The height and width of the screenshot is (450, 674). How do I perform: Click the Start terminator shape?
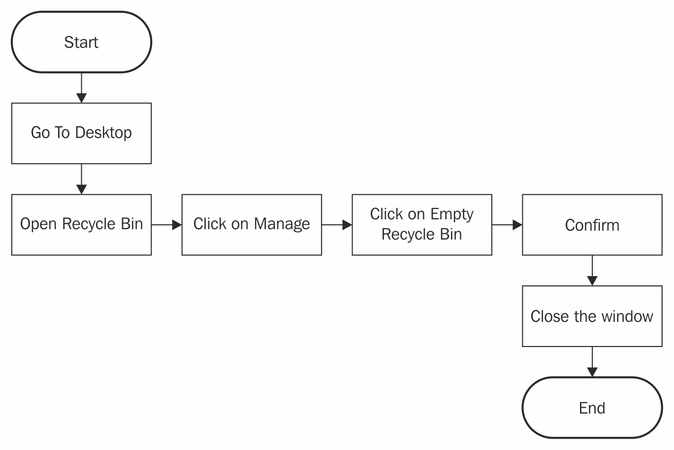click(x=81, y=42)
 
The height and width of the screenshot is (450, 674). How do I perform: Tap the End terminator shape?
click(x=592, y=408)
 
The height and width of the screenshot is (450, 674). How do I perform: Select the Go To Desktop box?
click(x=81, y=133)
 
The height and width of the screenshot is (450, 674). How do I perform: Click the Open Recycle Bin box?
click(x=81, y=225)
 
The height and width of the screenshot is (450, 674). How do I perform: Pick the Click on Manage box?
click(x=252, y=225)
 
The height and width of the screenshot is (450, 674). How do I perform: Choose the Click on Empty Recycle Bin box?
click(x=421, y=225)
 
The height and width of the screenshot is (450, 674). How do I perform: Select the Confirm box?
click(x=592, y=225)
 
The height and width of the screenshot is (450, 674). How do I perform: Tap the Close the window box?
click(x=592, y=316)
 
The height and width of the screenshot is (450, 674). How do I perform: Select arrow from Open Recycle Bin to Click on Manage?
click(x=166, y=225)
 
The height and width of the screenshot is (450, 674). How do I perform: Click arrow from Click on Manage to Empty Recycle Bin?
click(x=337, y=225)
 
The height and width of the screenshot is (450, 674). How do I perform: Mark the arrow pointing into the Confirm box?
click(x=507, y=225)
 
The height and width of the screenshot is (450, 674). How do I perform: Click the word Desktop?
click(x=103, y=133)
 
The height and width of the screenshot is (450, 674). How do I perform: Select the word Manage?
click(x=282, y=224)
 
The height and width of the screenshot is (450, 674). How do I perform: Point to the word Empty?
click(x=451, y=214)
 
